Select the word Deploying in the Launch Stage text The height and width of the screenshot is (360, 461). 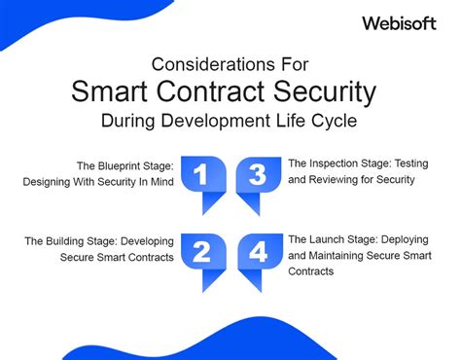(411, 239)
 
